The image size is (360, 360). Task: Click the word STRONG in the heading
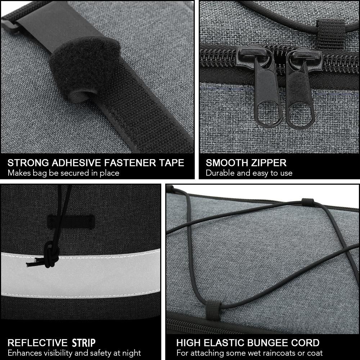click(x=28, y=163)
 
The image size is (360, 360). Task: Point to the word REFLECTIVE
click(x=37, y=343)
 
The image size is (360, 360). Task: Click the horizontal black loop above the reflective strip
click(x=71, y=222)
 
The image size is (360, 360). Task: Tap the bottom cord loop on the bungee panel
click(x=213, y=310)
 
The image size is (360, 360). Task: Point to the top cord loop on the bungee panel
click(x=308, y=202)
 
